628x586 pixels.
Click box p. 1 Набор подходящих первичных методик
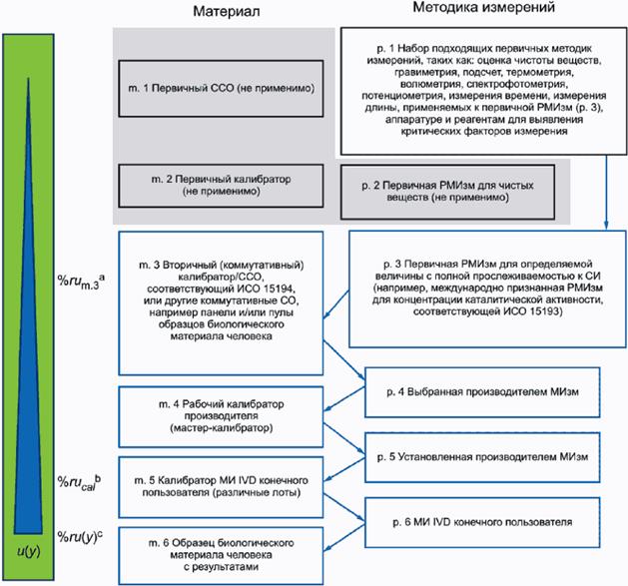pos(478,91)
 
